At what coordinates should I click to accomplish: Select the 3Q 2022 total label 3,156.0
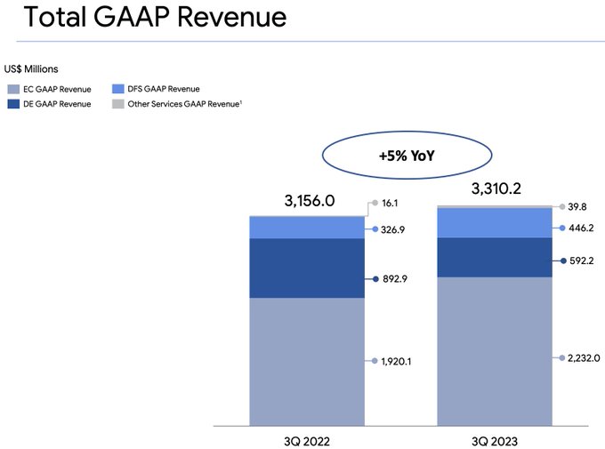[x=310, y=201]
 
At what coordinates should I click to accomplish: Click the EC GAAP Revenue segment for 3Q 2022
[x=307, y=360]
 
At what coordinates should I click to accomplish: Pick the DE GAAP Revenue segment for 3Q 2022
[x=307, y=268]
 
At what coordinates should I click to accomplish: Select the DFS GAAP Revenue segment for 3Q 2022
[x=307, y=228]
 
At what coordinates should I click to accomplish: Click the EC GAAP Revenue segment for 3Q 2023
[x=494, y=350]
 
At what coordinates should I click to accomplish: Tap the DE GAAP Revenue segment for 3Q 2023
[x=494, y=258]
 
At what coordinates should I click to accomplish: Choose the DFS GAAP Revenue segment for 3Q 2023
[x=494, y=222]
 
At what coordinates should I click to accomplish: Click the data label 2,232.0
[x=583, y=357]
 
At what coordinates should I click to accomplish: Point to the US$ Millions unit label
[x=33, y=68]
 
